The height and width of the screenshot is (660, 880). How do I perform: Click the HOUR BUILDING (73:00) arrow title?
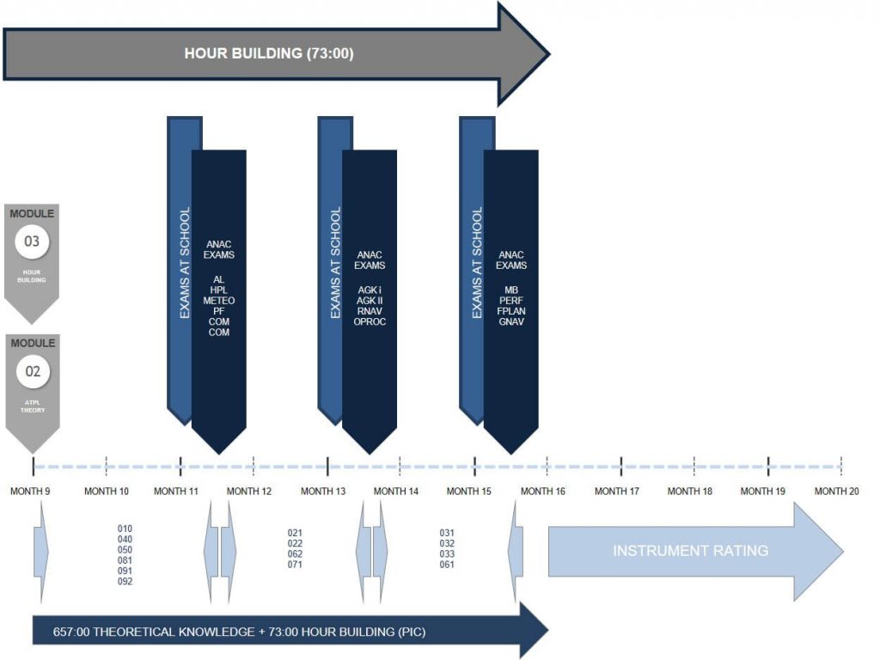coord(269,53)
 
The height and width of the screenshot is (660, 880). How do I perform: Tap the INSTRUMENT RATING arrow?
coord(690,551)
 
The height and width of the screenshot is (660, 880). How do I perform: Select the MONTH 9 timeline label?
coord(30,492)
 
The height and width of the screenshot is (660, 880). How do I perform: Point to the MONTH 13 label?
coord(324,492)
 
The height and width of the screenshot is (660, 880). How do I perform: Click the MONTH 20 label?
coord(836,492)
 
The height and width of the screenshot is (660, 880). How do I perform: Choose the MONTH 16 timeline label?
coord(543,492)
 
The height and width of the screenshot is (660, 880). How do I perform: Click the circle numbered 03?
coord(32,241)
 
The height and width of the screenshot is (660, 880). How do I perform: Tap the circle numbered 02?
coord(32,372)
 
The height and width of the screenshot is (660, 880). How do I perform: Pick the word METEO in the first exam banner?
coord(218,301)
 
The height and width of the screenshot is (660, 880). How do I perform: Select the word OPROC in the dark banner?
coord(370,321)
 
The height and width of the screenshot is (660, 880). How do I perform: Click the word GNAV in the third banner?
coord(510,321)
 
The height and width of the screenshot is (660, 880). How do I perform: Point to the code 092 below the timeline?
coord(125,582)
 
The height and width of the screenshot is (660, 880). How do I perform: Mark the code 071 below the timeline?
coord(295,565)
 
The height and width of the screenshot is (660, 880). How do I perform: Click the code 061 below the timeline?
coord(447,565)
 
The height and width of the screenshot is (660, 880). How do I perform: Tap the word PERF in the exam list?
coord(510,301)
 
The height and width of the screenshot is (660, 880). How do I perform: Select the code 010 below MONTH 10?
coord(125,529)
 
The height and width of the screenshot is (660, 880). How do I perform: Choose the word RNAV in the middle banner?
coord(370,311)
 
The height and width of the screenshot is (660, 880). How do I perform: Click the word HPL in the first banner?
coord(218,290)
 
